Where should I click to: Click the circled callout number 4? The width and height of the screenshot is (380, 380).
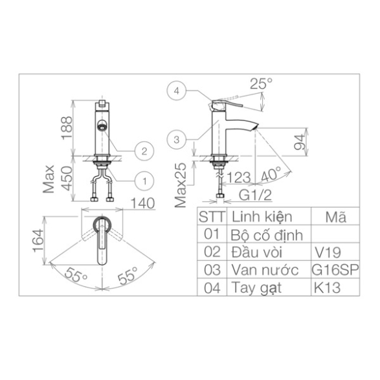[x=177, y=91]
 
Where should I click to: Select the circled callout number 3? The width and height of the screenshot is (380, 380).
[x=177, y=140]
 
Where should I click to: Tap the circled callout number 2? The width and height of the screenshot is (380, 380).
[x=144, y=151]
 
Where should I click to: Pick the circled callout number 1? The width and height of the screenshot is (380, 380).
[x=144, y=181]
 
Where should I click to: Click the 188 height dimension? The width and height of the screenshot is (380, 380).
[x=67, y=128]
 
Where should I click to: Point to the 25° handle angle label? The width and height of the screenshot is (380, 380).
[x=261, y=84]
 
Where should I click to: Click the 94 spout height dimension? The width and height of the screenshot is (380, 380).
[x=300, y=142]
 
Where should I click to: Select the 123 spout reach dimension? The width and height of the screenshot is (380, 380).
[x=238, y=177]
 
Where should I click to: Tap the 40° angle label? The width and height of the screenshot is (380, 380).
[x=271, y=174]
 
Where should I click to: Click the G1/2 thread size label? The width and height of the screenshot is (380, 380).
[x=256, y=195]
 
